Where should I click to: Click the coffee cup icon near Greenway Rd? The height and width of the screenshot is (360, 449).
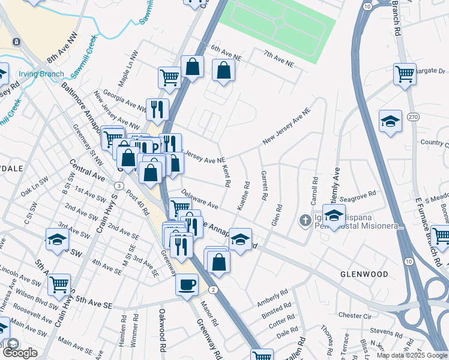(x=187, y=283)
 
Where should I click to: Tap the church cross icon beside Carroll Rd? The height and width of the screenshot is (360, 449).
(x=305, y=220)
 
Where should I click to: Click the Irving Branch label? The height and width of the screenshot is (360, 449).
(x=41, y=74)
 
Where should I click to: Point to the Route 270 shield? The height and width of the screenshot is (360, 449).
(x=412, y=116)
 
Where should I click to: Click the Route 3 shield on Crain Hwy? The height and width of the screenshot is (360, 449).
(x=121, y=187)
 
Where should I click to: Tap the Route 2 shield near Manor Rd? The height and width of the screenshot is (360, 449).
(x=214, y=290)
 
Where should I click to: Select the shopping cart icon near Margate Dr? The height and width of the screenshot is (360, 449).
(x=405, y=74)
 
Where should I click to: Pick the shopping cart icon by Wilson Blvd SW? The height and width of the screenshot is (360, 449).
(x=59, y=285)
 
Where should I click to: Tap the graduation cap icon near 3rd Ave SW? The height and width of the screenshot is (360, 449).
(x=58, y=239)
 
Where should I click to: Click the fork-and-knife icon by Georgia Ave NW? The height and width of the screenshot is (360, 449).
(x=157, y=109)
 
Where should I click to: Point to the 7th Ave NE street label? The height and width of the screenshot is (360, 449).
(x=278, y=59)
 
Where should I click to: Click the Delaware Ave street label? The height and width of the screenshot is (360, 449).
(x=200, y=200)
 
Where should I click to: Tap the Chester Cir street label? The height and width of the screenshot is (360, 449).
(x=355, y=315)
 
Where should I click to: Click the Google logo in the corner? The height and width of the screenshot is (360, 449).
(x=20, y=353)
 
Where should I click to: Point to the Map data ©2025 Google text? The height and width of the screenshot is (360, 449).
(x=411, y=355)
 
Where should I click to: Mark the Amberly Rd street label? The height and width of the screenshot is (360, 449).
(x=273, y=298)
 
